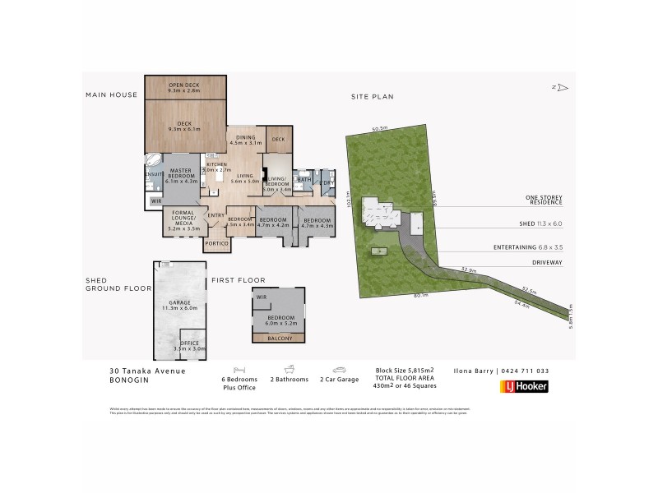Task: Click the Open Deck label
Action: click(185, 86)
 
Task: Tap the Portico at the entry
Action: click(217, 243)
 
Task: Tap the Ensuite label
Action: click(153, 175)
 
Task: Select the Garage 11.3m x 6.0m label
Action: click(179, 305)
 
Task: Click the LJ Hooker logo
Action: click(524, 386)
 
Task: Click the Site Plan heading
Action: click(373, 96)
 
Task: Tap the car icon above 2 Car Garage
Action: click(339, 370)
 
